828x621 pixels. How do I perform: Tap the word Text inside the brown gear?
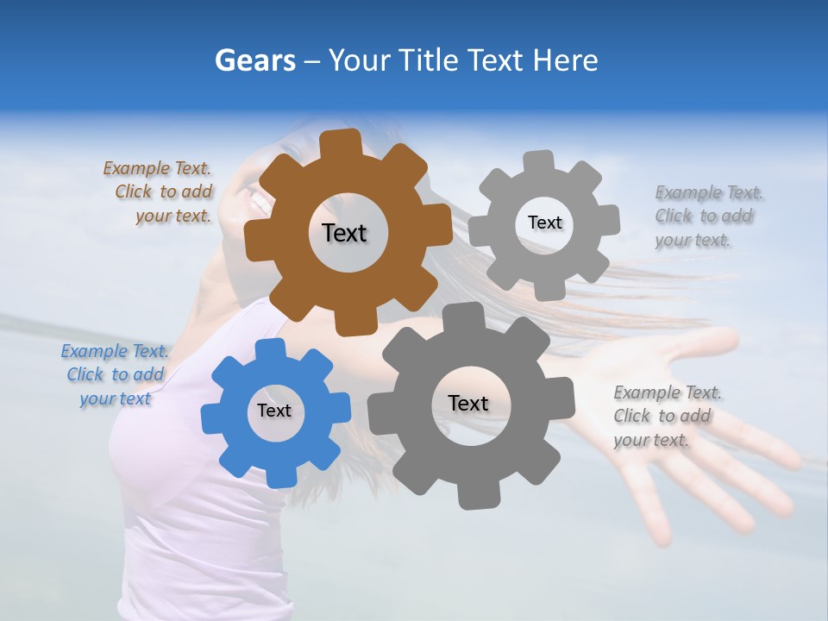coord(344,233)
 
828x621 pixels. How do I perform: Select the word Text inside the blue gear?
coord(274,411)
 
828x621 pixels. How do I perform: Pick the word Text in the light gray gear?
coord(544,223)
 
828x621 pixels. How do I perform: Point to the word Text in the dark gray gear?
coord(468,403)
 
